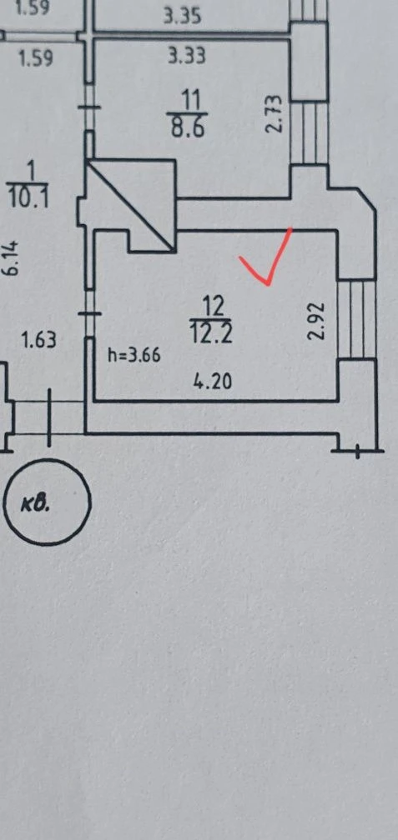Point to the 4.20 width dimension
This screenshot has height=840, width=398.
click(214, 382)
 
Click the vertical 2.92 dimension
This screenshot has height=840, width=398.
click(317, 321)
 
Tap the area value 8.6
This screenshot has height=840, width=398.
click(188, 128)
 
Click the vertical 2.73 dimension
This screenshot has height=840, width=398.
click(274, 114)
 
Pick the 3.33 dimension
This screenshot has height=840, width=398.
click(186, 56)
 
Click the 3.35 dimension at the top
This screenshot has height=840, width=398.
click(183, 17)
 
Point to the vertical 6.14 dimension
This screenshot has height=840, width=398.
click(12, 258)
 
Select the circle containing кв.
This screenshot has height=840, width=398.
click(47, 502)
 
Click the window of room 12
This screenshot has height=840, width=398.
click(356, 318)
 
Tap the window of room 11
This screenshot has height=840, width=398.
click(309, 132)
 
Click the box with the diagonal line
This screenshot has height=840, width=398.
click(132, 206)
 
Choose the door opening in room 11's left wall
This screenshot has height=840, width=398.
click(90, 108)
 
